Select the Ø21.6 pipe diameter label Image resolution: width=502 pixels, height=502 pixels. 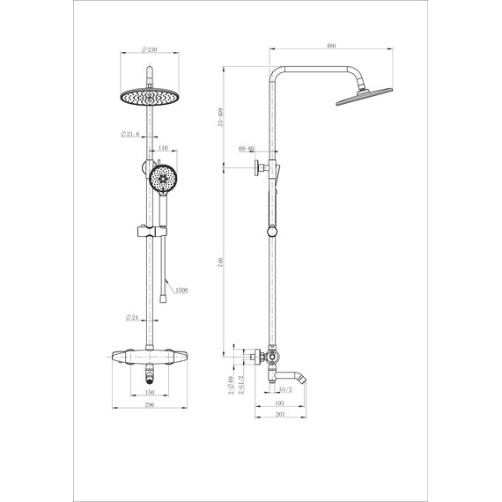[x=133, y=134]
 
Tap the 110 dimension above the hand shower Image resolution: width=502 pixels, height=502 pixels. [x=162, y=148]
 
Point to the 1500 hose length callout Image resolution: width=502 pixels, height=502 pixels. [x=181, y=289]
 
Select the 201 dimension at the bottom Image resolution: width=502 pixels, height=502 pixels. [x=279, y=415]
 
